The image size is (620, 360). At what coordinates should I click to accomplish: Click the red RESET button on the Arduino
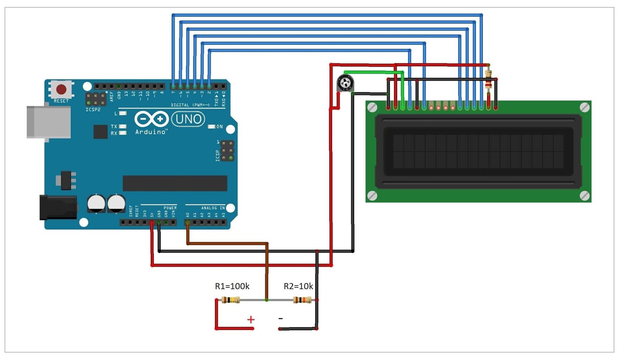click(61, 90)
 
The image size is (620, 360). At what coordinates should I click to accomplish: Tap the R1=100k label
click(232, 286)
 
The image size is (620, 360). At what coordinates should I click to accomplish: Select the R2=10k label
click(298, 286)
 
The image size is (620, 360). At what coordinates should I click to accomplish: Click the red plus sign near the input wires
click(251, 320)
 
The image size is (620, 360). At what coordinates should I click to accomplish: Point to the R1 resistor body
click(231, 300)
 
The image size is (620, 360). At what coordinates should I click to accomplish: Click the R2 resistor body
click(302, 300)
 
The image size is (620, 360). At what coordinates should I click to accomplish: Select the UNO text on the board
click(188, 119)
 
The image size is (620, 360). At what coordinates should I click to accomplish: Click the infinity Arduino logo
click(151, 119)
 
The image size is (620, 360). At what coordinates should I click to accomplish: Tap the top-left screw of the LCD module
click(372, 107)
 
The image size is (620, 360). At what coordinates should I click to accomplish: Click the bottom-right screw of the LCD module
click(585, 196)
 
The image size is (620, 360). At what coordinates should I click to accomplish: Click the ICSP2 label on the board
click(93, 110)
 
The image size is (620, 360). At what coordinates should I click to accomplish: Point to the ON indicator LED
click(212, 127)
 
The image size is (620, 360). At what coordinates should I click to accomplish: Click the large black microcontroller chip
click(175, 183)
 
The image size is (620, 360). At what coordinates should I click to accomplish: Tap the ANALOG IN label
click(213, 208)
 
